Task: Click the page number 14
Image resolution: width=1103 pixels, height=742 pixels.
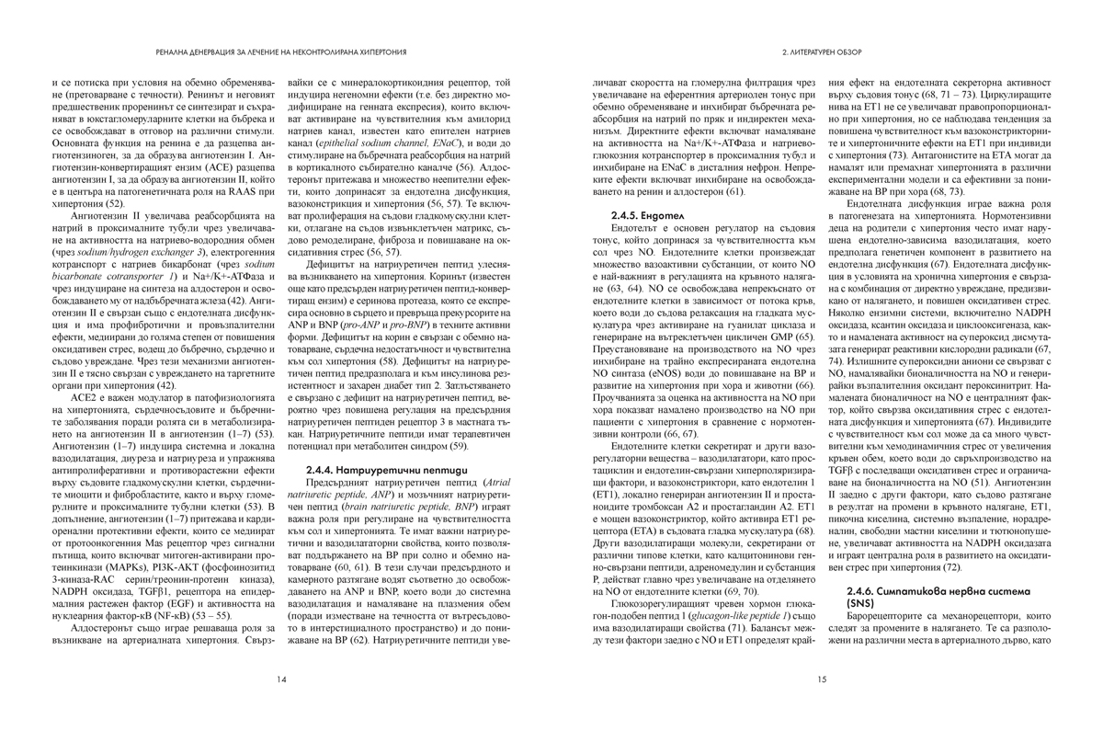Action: (x=281, y=679)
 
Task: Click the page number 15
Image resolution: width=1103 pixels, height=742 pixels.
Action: (x=821, y=679)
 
